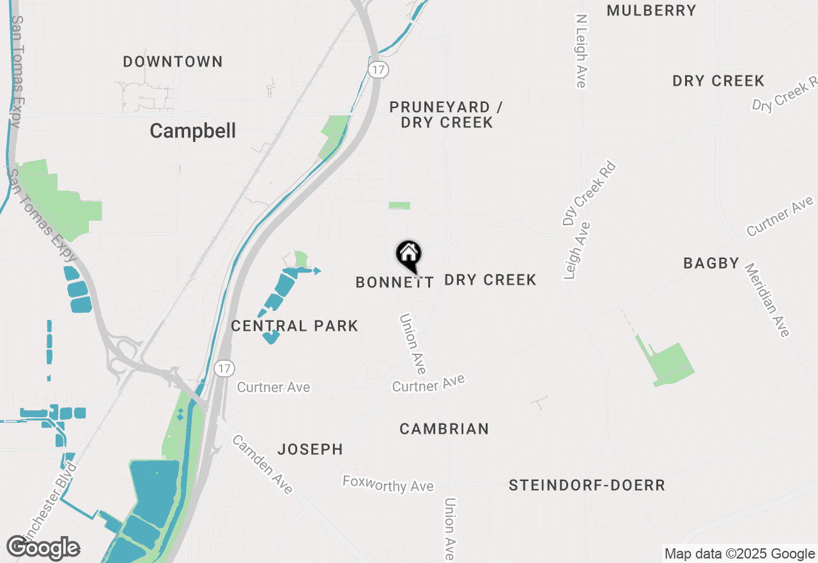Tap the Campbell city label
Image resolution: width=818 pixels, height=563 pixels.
pyautogui.click(x=192, y=131)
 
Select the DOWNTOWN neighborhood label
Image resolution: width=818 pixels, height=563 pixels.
pyautogui.click(x=173, y=62)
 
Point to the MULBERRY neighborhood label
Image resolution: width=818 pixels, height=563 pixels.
pyautogui.click(x=651, y=11)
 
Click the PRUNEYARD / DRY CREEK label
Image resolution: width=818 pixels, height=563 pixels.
pyautogui.click(x=446, y=115)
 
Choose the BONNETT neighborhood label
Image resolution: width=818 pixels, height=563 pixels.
pyautogui.click(x=394, y=282)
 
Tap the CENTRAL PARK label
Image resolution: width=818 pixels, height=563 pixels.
pyautogui.click(x=295, y=326)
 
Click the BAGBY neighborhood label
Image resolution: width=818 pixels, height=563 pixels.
pyautogui.click(x=711, y=263)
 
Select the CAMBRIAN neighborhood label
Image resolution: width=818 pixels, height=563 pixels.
pyautogui.click(x=444, y=429)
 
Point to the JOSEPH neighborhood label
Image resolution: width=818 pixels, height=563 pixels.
pyautogui.click(x=310, y=450)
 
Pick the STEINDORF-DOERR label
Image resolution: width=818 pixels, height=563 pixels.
pyautogui.click(x=587, y=486)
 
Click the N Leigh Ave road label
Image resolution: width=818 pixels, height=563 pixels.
pyautogui.click(x=581, y=51)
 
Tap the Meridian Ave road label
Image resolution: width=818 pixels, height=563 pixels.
pyautogui.click(x=767, y=300)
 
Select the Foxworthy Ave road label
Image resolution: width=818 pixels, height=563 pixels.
pyautogui.click(x=388, y=484)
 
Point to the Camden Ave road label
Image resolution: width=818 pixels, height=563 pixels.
pyautogui.click(x=263, y=464)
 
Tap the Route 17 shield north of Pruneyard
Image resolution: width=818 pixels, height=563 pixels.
pyautogui.click(x=378, y=68)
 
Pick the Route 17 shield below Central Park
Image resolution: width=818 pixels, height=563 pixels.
pyautogui.click(x=224, y=369)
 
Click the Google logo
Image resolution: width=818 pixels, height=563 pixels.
pyautogui.click(x=43, y=548)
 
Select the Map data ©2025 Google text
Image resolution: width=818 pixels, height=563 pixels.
pyautogui.click(x=739, y=554)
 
